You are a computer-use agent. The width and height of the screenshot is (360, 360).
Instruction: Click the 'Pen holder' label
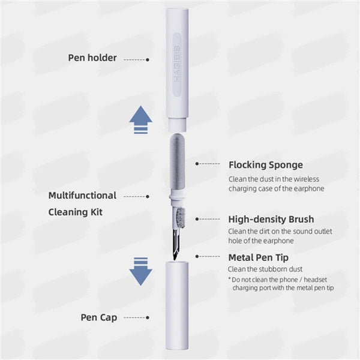click(92, 59)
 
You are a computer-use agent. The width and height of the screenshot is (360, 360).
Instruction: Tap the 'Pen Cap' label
click(98, 317)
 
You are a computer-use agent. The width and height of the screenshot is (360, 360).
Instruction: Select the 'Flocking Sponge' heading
click(265, 164)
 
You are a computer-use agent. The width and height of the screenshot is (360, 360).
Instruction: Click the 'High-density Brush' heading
click(271, 220)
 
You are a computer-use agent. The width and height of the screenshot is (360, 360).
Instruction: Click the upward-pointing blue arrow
click(140, 121)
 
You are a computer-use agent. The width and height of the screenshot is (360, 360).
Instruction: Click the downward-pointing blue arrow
click(140, 271)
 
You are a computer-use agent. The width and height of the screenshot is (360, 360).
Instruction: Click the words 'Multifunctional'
click(82, 196)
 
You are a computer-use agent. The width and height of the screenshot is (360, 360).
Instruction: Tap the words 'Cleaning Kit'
click(75, 212)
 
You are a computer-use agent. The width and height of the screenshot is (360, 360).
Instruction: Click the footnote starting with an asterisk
click(280, 284)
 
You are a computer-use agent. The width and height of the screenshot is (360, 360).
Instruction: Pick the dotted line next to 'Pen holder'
click(135, 59)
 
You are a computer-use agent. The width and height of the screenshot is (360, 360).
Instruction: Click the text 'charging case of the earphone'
click(276, 188)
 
